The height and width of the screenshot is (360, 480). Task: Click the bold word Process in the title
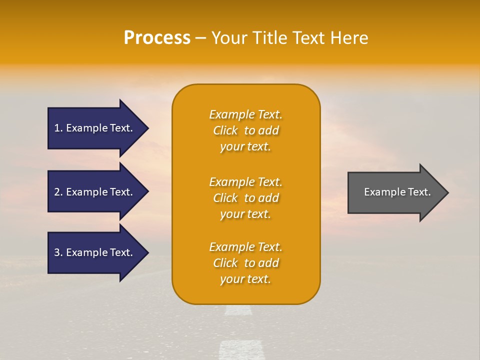(x=157, y=38)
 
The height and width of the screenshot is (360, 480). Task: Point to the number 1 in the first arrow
(x=57, y=128)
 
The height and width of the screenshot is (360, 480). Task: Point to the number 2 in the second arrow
(x=57, y=192)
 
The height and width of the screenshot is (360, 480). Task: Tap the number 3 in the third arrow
(x=57, y=252)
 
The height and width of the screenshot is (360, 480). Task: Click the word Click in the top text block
(x=225, y=130)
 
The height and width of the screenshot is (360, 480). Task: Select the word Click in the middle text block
(x=225, y=198)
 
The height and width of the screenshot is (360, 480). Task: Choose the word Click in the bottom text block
(x=225, y=263)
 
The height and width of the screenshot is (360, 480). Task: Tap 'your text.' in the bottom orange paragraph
(x=245, y=279)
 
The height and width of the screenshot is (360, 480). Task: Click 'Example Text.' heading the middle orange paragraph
(x=245, y=182)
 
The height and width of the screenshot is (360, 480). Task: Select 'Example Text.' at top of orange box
(x=245, y=114)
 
